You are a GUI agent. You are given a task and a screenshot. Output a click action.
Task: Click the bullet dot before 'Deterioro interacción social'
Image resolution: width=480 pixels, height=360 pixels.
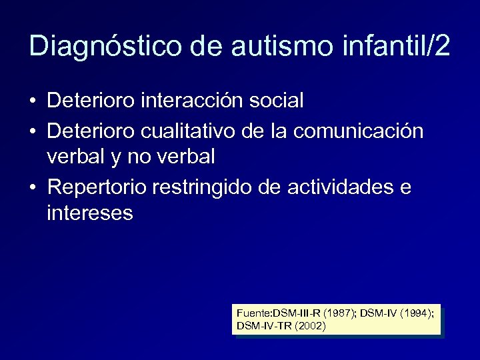tap(33, 101)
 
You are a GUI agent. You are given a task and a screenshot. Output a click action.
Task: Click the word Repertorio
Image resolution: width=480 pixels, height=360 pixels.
tap(97, 188)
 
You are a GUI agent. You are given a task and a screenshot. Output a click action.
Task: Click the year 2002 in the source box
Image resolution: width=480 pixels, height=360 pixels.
tap(311, 326)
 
